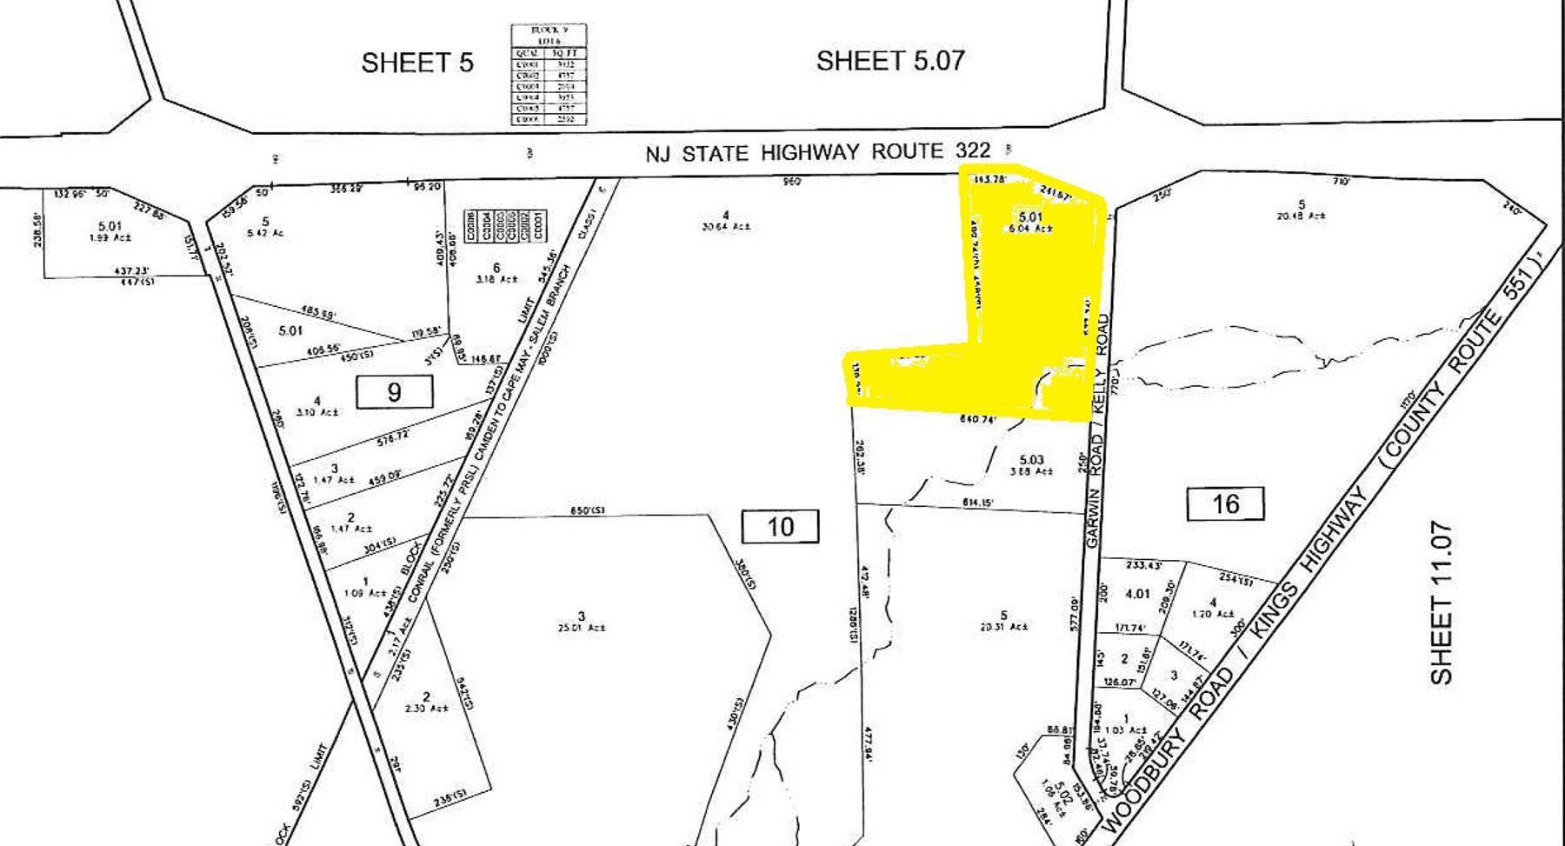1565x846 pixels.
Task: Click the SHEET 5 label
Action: pos(417,63)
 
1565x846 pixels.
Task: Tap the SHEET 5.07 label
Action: pos(890,60)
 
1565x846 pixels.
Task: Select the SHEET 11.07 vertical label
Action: pos(1442,603)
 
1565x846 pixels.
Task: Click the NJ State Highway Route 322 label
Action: pos(817,152)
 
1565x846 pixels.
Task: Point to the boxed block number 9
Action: pos(394,392)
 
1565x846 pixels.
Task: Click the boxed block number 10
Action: pos(780,527)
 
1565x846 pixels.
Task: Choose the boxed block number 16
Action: pos(1225,503)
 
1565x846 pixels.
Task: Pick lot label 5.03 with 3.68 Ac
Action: pos(1031,465)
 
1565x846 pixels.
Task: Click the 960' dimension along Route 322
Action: pos(791,182)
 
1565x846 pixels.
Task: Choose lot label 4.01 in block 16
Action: pos(1137,594)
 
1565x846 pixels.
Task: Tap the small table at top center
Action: pos(548,75)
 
